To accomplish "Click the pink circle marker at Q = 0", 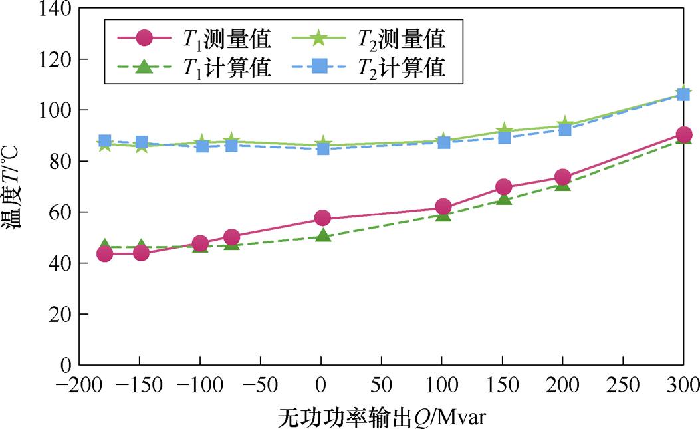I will point(323,217).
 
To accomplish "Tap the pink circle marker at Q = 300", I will point(683,134).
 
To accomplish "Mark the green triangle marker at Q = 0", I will point(323,235).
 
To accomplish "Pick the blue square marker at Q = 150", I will point(504,137).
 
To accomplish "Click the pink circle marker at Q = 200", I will point(562,177).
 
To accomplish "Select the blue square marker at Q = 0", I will point(323,148).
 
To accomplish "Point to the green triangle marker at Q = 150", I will point(504,199).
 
